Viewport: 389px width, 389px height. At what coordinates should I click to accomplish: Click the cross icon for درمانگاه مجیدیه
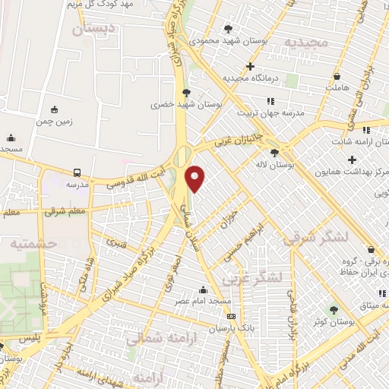pyautogui.click(x=250, y=67)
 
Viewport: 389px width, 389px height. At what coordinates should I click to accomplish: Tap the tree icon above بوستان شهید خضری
pyautogui.click(x=186, y=93)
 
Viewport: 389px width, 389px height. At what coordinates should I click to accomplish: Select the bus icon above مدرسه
pyautogui.click(x=77, y=172)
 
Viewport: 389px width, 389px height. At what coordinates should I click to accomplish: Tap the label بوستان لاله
pyautogui.click(x=297, y=163)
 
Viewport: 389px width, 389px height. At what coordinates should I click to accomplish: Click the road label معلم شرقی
pyautogui.click(x=66, y=210)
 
